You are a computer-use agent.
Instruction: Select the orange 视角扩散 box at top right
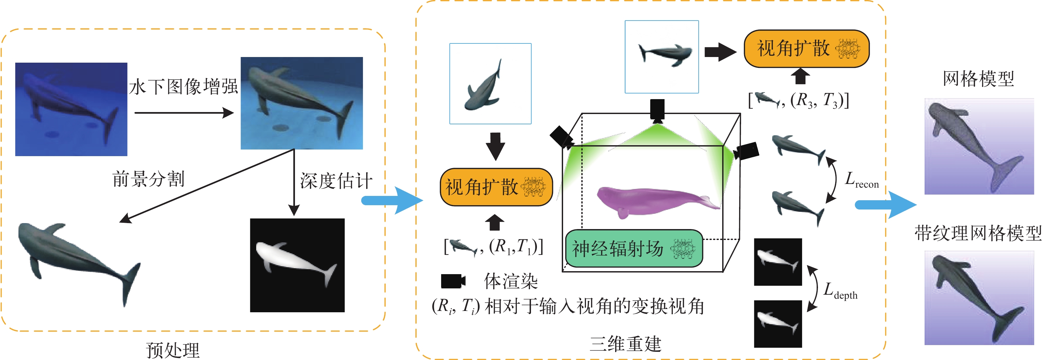pos(806,49)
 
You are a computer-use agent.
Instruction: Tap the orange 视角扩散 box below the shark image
pos(496,187)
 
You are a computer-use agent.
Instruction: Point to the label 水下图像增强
pos(184,86)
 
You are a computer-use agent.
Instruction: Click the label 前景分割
pos(148,179)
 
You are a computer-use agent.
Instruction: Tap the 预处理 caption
pos(173,350)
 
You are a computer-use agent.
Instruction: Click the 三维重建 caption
pos(625,344)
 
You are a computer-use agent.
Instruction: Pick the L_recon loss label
pos(861,180)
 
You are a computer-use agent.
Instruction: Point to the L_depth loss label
pos(840,291)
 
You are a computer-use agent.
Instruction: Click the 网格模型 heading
pos(978,79)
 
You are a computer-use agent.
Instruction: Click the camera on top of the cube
pos(657,111)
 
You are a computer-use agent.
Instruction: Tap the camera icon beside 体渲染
pos(453,281)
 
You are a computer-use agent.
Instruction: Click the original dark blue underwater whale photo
pos(71,109)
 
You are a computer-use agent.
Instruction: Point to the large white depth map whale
pos(297,265)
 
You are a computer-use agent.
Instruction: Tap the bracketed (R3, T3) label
pos(798,100)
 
